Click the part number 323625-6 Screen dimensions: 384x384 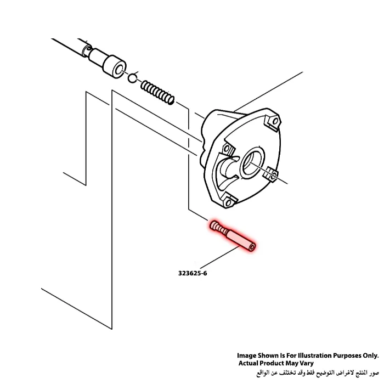(192, 273)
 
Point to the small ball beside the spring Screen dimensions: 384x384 (132, 77)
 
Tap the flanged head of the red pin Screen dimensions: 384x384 (214, 225)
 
